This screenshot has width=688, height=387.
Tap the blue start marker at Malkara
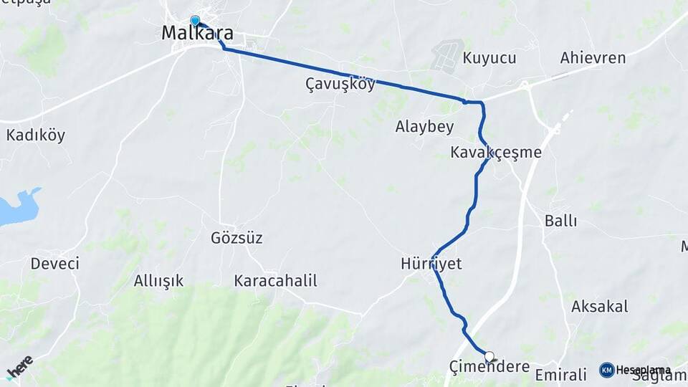[195, 21]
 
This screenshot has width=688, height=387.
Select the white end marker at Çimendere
[489, 356]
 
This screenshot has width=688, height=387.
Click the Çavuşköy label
[340, 85]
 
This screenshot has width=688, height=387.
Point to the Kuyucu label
[489, 58]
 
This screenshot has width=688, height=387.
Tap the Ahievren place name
[593, 58]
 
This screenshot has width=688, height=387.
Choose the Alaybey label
[425, 127]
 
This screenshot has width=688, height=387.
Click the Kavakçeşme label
[496, 153]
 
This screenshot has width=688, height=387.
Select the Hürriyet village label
[431, 264]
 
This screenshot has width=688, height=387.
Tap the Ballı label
[560, 221]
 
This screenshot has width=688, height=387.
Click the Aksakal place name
[599, 307]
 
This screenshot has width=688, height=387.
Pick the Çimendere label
[489, 368]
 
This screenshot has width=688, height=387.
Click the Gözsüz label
[236, 238]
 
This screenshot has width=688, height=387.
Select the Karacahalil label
[275, 281]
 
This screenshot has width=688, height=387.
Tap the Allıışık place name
[158, 281]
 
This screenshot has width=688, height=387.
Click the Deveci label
[54, 264]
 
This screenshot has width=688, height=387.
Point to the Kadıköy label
[36, 135]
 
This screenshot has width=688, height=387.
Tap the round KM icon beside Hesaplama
[606, 370]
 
